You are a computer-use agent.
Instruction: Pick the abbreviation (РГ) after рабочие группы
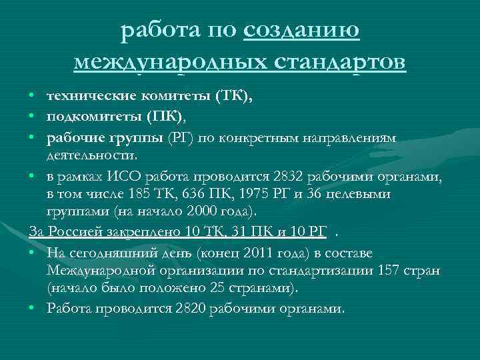[x=181, y=137]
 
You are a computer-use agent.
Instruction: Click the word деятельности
[x=91, y=155]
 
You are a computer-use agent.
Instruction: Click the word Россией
[x=73, y=231]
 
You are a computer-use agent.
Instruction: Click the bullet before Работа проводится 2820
[x=33, y=309]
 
